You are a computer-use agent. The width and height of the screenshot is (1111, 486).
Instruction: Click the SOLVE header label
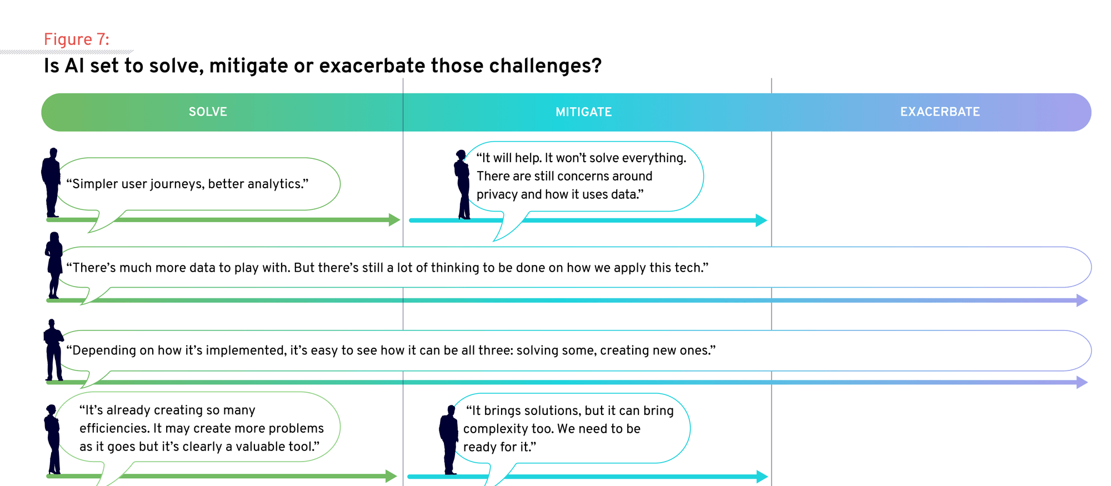pyautogui.click(x=208, y=112)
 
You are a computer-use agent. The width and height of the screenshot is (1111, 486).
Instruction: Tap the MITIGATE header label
pyautogui.click(x=584, y=112)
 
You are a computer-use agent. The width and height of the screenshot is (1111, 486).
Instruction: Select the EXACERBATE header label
pyautogui.click(x=940, y=112)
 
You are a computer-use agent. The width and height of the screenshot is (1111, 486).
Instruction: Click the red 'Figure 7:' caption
pyautogui.click(x=77, y=39)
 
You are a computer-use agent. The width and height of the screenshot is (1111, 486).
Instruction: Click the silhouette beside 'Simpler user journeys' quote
pyautogui.click(x=51, y=182)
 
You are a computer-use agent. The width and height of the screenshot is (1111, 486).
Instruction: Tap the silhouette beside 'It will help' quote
pyautogui.click(x=462, y=184)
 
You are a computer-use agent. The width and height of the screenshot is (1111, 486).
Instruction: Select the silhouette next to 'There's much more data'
pyautogui.click(x=54, y=265)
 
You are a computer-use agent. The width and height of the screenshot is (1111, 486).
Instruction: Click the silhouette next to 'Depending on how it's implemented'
pyautogui.click(x=53, y=350)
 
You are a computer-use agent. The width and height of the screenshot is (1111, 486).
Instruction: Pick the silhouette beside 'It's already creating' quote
pyautogui.click(x=52, y=439)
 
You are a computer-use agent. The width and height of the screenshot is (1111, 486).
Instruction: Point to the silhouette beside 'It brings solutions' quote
pyautogui.click(x=449, y=440)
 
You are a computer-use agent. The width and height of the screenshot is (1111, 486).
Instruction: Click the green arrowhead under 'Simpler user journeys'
pyautogui.click(x=394, y=220)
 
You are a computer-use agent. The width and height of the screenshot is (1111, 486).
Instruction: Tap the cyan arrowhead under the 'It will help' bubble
pyautogui.click(x=762, y=221)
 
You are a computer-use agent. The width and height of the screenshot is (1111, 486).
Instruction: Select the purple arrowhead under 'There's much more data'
pyautogui.click(x=1082, y=300)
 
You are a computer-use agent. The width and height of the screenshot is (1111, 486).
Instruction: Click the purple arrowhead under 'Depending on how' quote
pyautogui.click(x=1082, y=382)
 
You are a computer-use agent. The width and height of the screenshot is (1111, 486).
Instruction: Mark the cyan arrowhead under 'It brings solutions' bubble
pyautogui.click(x=762, y=477)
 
